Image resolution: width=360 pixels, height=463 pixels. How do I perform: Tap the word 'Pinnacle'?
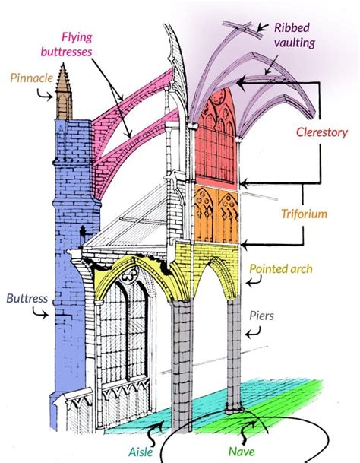click(x=31, y=77)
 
